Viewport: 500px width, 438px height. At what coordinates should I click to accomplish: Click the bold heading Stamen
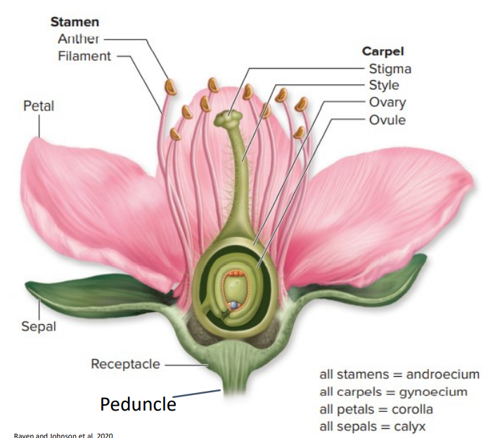75,22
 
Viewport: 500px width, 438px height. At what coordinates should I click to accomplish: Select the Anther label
79,38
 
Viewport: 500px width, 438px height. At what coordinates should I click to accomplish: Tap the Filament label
84,55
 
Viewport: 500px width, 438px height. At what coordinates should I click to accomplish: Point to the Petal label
38,106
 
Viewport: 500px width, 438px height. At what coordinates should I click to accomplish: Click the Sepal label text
38,327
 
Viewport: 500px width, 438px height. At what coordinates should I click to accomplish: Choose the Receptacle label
124,364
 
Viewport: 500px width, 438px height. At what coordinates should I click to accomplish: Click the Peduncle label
138,404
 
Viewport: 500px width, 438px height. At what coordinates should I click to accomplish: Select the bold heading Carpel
383,51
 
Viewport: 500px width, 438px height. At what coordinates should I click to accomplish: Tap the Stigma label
390,68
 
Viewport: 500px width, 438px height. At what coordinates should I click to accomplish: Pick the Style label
384,85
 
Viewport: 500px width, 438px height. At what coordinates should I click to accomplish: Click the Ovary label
387,102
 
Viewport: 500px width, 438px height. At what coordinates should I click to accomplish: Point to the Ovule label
387,119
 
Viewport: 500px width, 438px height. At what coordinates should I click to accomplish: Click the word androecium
442,374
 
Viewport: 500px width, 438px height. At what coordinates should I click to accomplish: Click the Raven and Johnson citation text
63,435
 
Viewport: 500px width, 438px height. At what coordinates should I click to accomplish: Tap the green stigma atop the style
230,119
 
